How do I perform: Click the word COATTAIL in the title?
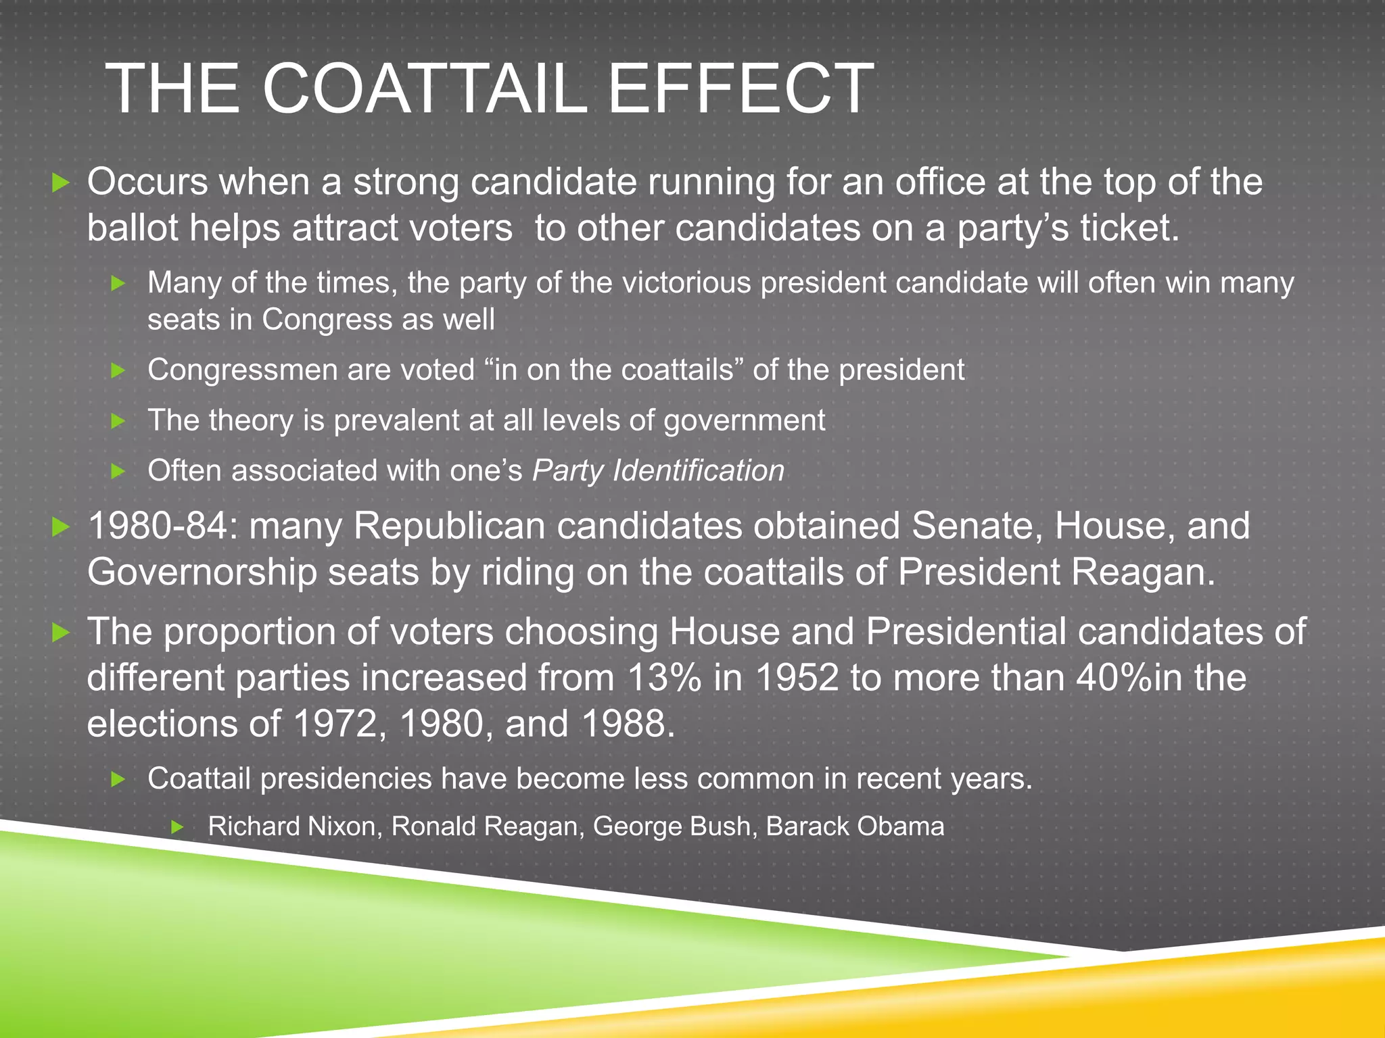[x=424, y=89]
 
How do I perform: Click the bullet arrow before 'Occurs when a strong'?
[x=61, y=182]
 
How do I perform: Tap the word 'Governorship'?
[x=202, y=572]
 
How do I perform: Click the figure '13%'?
[x=664, y=677]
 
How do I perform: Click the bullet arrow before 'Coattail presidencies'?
[x=118, y=779]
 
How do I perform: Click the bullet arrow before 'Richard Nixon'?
[x=177, y=826]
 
